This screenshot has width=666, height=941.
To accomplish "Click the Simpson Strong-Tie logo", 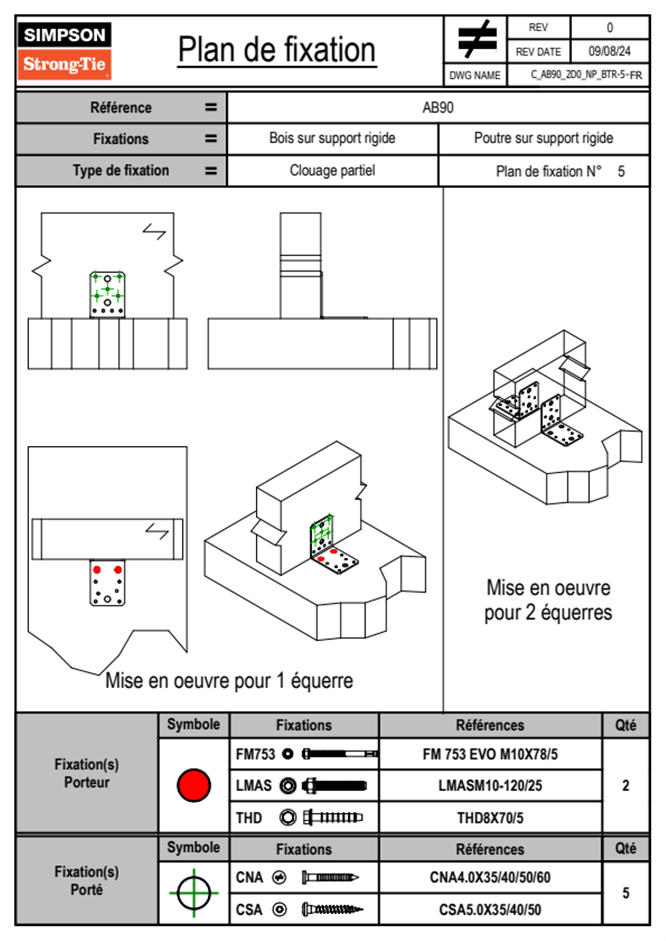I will point(64,51).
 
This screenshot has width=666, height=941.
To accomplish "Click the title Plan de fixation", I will point(276,50).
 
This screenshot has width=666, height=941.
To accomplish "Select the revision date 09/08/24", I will point(609,51).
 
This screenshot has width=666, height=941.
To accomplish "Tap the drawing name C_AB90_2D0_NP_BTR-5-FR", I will point(586,75).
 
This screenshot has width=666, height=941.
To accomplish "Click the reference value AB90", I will point(438,107).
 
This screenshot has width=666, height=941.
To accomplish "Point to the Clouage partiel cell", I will point(332,171).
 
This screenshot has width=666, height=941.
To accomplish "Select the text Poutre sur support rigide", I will point(543,138).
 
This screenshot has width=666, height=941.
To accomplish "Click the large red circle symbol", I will point(194,785).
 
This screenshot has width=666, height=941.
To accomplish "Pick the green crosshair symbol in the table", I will point(194,893).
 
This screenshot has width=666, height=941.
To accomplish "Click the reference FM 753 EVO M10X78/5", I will point(490,754).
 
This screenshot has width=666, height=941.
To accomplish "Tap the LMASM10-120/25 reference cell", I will point(490,786).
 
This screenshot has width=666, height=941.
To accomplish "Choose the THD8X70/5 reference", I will point(490,818).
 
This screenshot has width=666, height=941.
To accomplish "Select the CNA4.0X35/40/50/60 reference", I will point(490,877).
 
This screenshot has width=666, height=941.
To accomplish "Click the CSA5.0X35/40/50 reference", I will point(490,910).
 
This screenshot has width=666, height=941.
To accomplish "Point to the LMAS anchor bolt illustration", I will point(334,786).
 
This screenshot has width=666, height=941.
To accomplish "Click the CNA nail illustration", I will point(330,877).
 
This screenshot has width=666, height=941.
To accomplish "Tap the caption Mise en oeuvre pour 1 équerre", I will point(229,681).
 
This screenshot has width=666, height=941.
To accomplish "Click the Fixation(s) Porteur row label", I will point(87,773).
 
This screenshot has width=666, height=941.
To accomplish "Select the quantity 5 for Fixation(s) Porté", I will point(626,893).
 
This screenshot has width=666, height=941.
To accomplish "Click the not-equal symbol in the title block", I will point(476,39).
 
